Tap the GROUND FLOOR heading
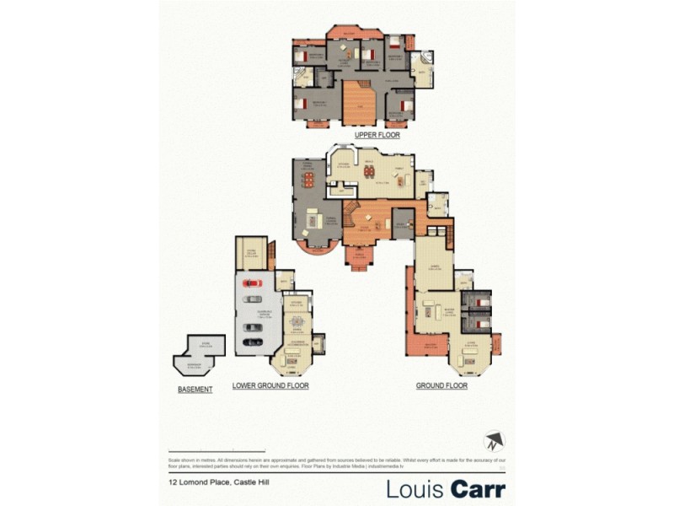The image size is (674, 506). (441, 385)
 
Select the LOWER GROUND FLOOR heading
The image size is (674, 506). (270, 385)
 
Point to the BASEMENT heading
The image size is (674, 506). (195, 389)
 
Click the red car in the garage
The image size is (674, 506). (254, 282)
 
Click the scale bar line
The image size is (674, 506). (217, 451)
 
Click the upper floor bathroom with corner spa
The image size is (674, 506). (422, 69)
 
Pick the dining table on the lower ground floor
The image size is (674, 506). (295, 323)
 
